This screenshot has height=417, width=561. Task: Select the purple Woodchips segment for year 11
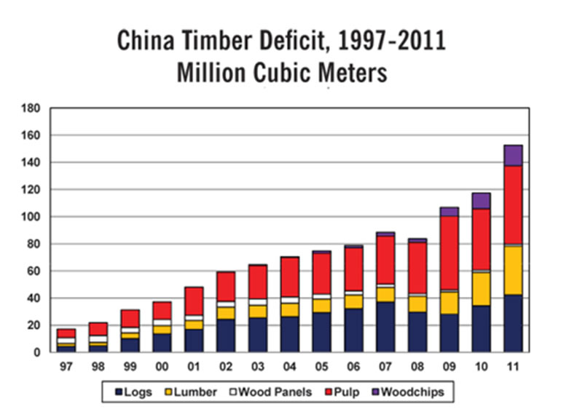[513, 155]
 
